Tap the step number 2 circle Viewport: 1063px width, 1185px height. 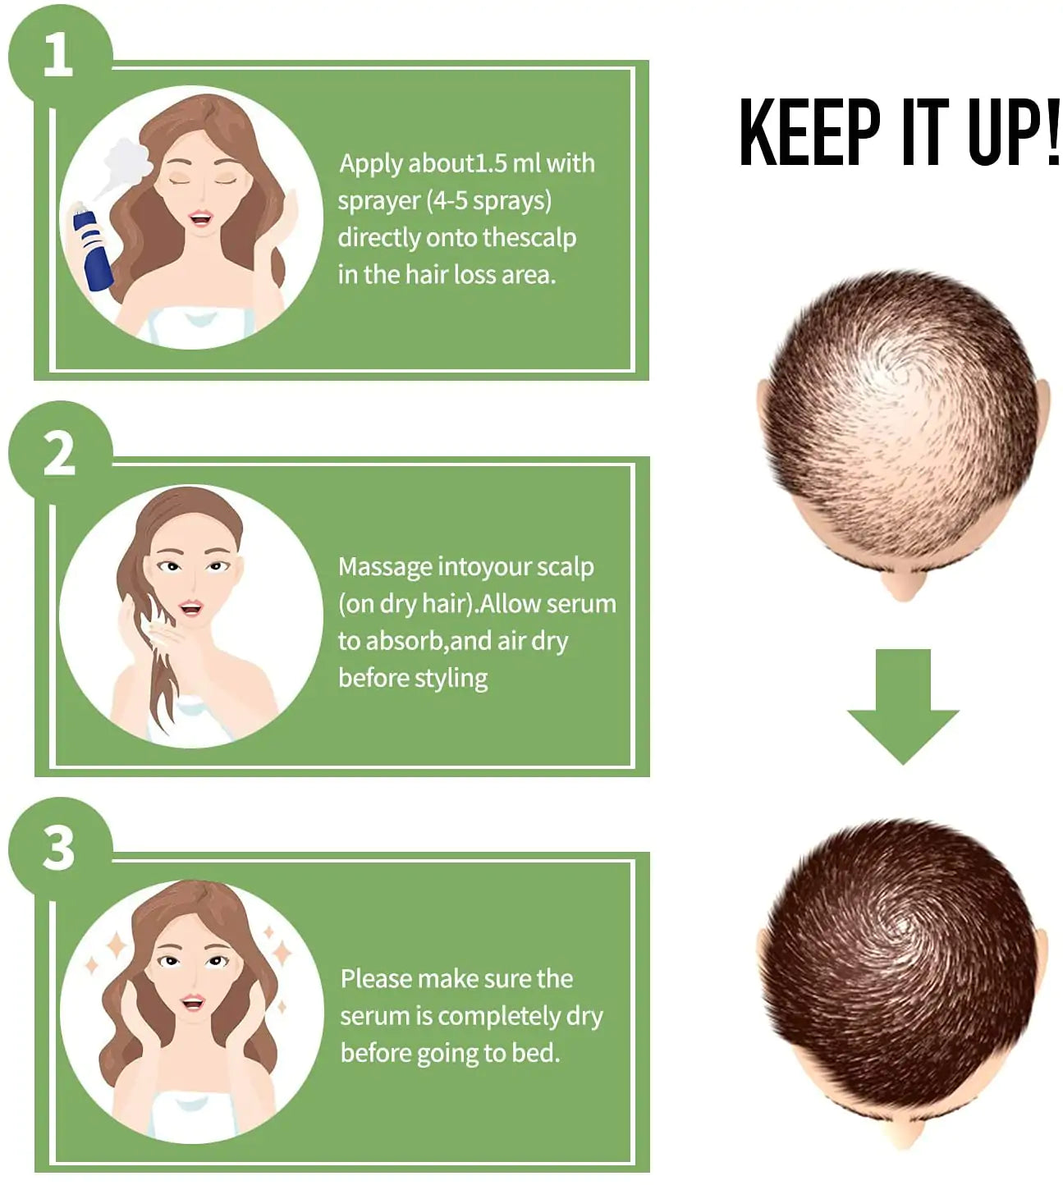point(59,453)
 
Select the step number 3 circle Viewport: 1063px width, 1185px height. point(59,849)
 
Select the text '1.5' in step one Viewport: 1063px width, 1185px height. point(492,163)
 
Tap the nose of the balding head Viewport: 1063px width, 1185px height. point(902,586)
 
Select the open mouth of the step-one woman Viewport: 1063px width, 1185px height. point(200,218)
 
